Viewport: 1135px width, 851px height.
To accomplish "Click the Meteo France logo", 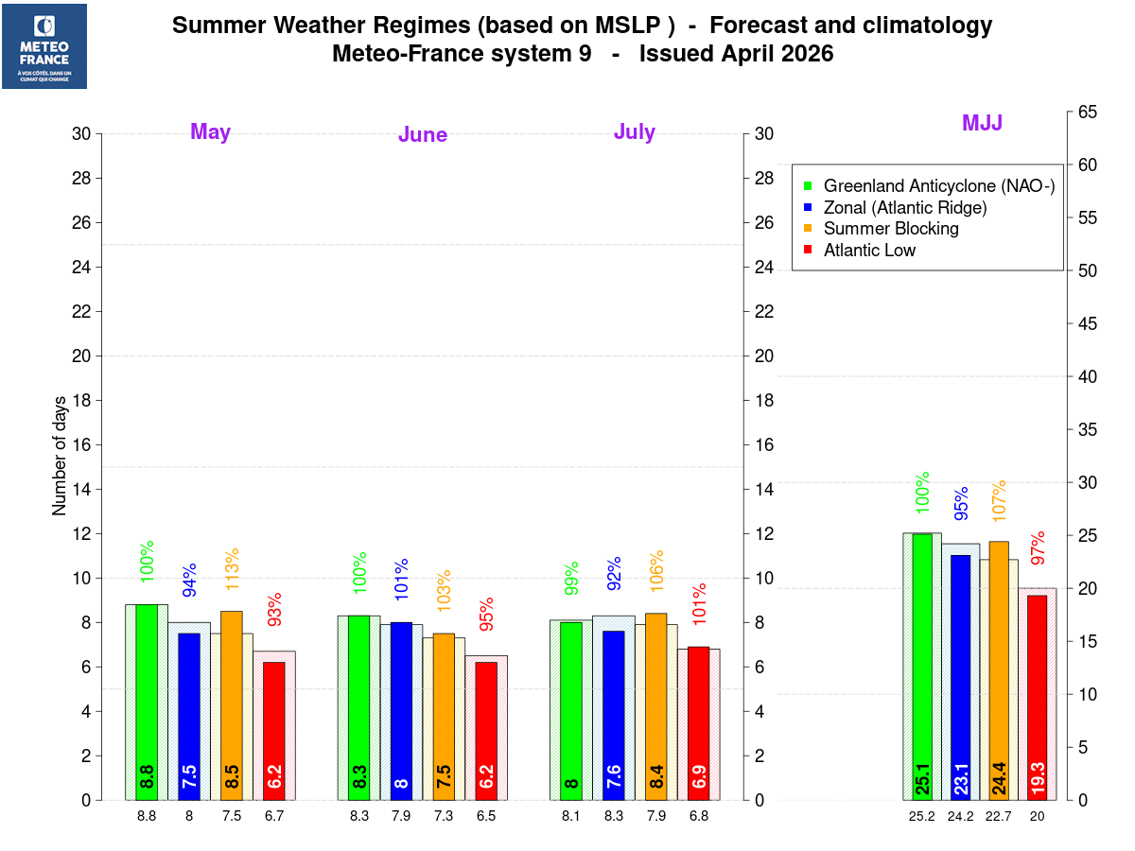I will click(44, 46).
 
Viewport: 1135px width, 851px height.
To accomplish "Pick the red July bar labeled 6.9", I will click(698, 722).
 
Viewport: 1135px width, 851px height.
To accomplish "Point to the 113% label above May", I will click(232, 564).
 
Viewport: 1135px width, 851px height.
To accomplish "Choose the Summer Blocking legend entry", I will click(890, 229).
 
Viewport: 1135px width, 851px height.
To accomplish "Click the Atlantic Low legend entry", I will click(869, 251).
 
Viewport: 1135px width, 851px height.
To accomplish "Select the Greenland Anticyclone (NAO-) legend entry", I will click(937, 185).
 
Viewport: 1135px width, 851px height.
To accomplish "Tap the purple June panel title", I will click(423, 135).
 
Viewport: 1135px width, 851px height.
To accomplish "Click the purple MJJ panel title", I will click(982, 123).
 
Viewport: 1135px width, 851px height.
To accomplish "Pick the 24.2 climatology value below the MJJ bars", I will click(961, 816).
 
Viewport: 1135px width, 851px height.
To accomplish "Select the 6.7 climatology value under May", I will click(274, 816).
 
